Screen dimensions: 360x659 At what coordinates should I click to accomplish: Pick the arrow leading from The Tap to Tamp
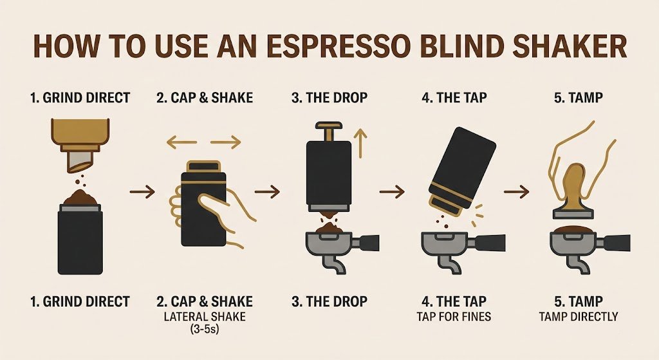pos(516,191)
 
